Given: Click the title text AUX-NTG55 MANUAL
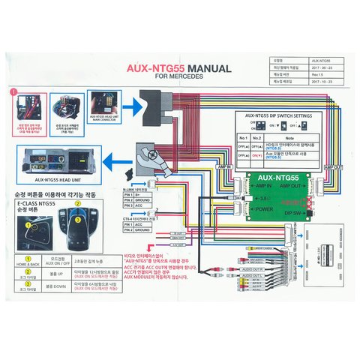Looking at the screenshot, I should tap(180, 68).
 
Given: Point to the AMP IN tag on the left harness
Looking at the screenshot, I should tap(223, 167).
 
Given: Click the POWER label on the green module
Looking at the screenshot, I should tap(265, 209).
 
